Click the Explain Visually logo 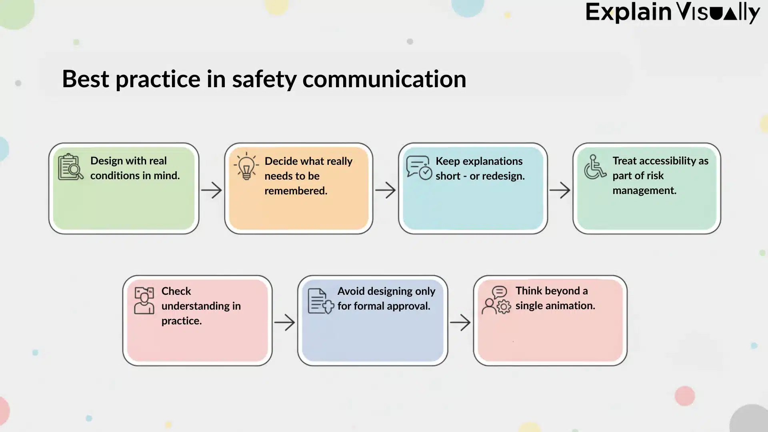tap(672, 13)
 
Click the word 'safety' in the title tap(264, 79)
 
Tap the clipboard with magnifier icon tap(70, 167)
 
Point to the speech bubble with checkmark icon tap(419, 168)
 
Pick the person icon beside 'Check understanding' tap(144, 300)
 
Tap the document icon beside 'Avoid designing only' tap(320, 301)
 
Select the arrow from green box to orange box tap(211, 190)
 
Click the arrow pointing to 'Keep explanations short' tap(385, 190)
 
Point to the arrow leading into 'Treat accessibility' tap(560, 190)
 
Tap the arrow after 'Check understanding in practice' tap(284, 322)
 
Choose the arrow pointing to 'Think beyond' tap(460, 322)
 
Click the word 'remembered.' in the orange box tap(296, 191)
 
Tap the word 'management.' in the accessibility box tap(644, 190)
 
